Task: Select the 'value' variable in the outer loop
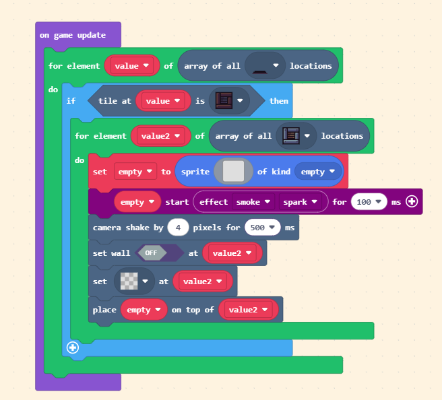point(131,66)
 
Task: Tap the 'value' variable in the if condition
point(162,101)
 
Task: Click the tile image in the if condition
point(223,101)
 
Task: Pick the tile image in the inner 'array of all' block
point(290,136)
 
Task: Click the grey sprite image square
point(233,171)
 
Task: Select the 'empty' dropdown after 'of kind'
point(318,172)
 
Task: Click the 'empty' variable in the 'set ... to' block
point(135,172)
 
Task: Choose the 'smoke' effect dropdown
point(253,201)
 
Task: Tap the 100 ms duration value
point(367,201)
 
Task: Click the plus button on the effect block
point(411,201)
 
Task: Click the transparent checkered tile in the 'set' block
point(129,281)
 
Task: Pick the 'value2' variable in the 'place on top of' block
point(249,310)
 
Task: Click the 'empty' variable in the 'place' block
point(144,310)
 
